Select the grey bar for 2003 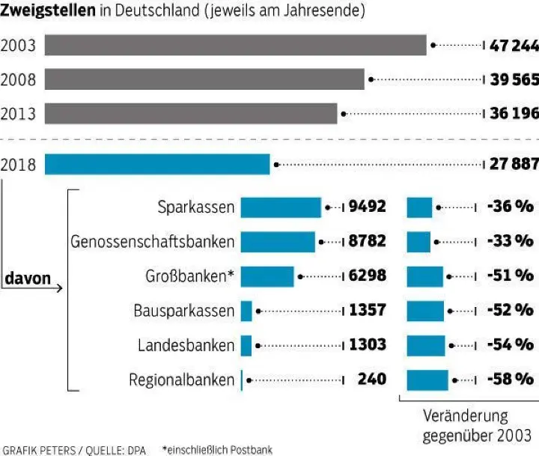235,45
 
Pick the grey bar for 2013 191,113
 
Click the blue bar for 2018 157,164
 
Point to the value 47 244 514,46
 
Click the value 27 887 514,165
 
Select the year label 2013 19,114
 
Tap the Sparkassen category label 196,207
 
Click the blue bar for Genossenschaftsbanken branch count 278,242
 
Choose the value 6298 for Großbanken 368,276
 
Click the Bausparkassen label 184,310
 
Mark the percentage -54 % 509,344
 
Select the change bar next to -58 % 427,380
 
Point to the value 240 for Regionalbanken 371,380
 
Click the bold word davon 28,279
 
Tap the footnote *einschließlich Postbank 217,449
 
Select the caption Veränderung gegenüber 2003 476,425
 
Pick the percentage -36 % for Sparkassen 509,207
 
